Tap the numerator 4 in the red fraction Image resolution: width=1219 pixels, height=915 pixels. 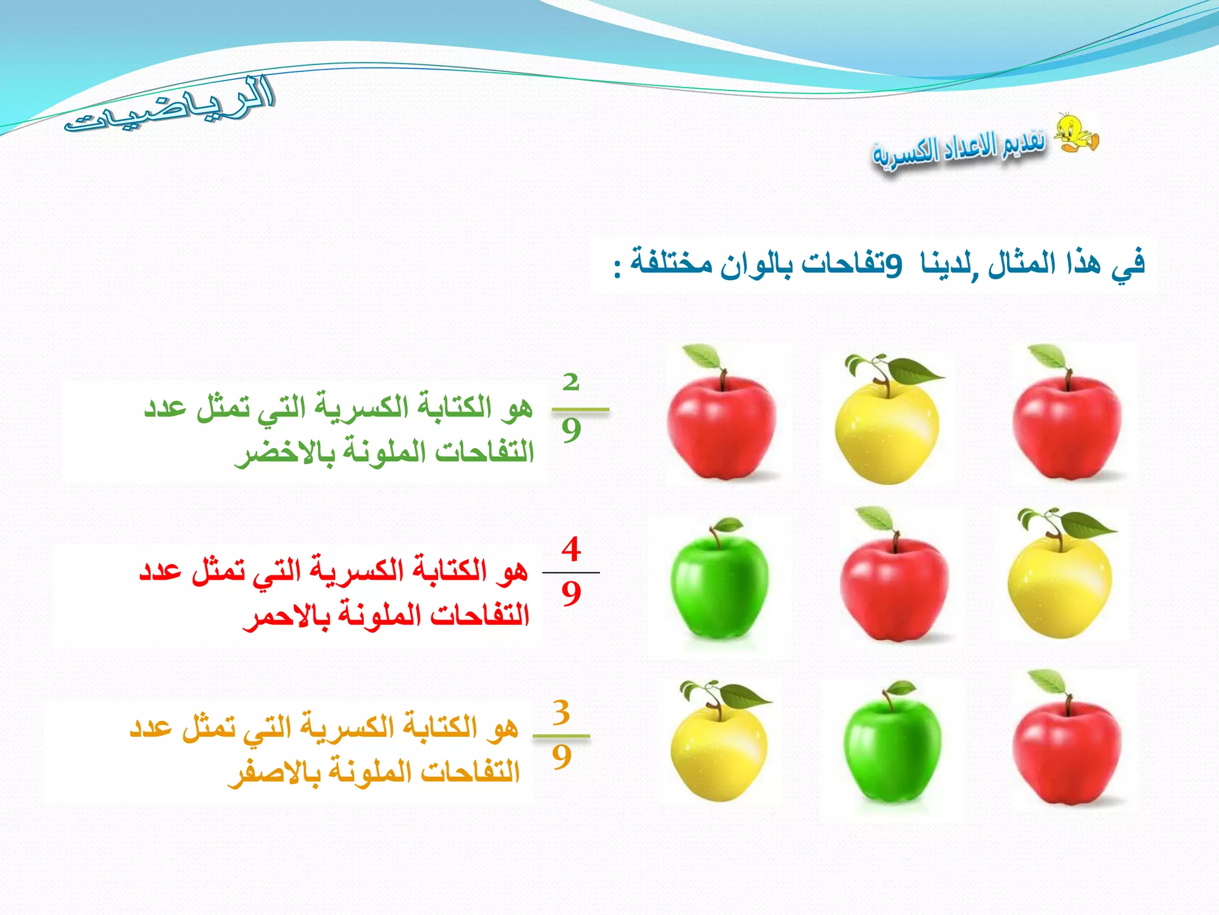click(571, 549)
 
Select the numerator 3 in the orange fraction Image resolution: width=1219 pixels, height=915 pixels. click(561, 712)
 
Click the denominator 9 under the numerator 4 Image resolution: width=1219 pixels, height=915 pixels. click(571, 593)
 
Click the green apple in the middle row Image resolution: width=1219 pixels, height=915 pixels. click(719, 581)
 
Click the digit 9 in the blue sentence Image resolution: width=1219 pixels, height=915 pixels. click(893, 264)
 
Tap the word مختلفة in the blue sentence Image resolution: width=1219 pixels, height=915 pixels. click(671, 263)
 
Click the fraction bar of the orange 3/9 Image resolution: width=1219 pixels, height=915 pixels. click(561, 736)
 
